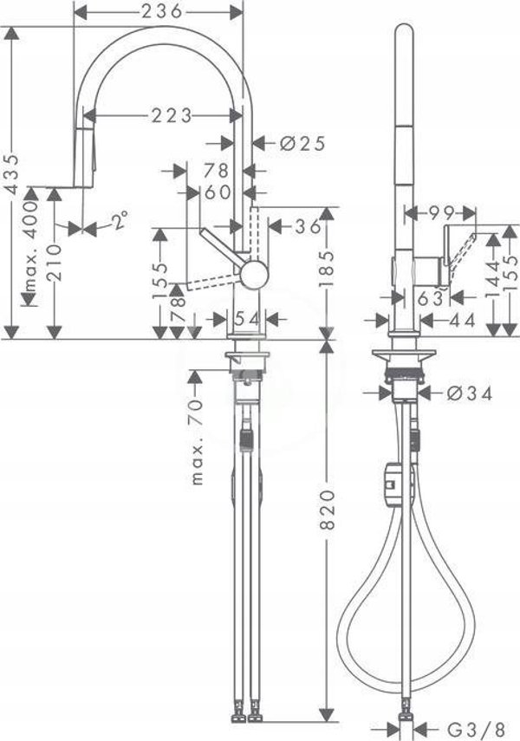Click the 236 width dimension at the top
[x=162, y=12]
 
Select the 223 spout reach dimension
[x=172, y=115]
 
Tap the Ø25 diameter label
[x=302, y=143]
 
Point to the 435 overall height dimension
[x=12, y=173]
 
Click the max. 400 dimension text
[x=30, y=246]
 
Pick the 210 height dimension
[x=55, y=263]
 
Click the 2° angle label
[x=120, y=220]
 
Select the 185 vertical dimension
[x=326, y=269]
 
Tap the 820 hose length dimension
[x=327, y=510]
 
